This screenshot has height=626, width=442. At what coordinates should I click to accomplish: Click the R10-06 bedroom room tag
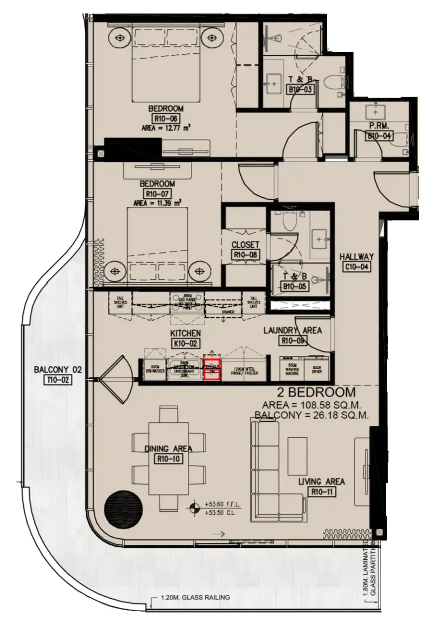pyautogui.click(x=165, y=119)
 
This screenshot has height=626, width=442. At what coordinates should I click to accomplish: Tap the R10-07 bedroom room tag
pyautogui.click(x=158, y=194)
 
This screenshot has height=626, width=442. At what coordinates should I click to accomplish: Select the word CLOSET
pyautogui.click(x=245, y=245)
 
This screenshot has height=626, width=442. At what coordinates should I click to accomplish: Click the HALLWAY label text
pyautogui.click(x=356, y=257)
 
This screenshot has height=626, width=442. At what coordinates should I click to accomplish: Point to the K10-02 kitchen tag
pyautogui.click(x=185, y=343)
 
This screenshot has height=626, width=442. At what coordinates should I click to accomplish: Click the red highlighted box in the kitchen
pyautogui.click(x=212, y=370)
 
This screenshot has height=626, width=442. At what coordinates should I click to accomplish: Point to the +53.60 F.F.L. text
pyautogui.click(x=220, y=504)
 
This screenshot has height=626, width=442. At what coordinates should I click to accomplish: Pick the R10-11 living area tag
pyautogui.click(x=321, y=492)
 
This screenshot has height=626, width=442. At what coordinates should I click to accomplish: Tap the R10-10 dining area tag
pyautogui.click(x=168, y=460)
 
